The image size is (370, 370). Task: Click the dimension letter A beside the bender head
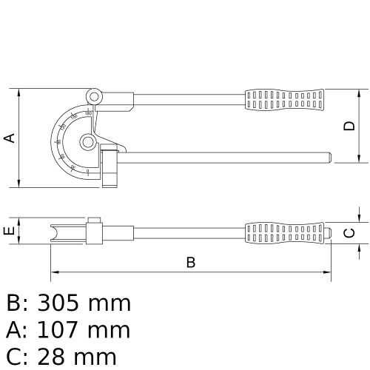tap(9, 138)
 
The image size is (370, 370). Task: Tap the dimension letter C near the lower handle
tap(351, 232)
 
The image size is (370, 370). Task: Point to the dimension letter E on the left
tap(9, 232)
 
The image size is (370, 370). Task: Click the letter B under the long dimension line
tap(191, 261)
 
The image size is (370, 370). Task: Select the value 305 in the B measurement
tap(63, 303)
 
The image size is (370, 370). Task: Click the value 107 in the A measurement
tap(62, 330)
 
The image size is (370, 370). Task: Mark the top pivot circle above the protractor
tap(93, 95)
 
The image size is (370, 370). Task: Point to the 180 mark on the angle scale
tap(88, 113)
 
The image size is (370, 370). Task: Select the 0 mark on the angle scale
tap(88, 171)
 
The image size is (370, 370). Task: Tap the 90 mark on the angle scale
tap(58, 141)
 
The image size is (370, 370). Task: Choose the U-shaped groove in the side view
tap(56, 232)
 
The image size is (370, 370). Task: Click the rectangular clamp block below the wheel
tap(110, 166)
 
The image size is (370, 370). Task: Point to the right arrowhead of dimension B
tap(329, 273)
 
